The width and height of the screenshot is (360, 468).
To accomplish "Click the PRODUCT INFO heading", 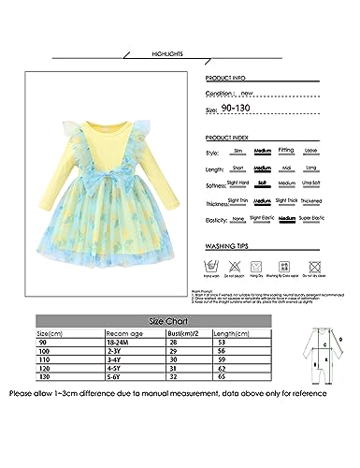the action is (x=229, y=80).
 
